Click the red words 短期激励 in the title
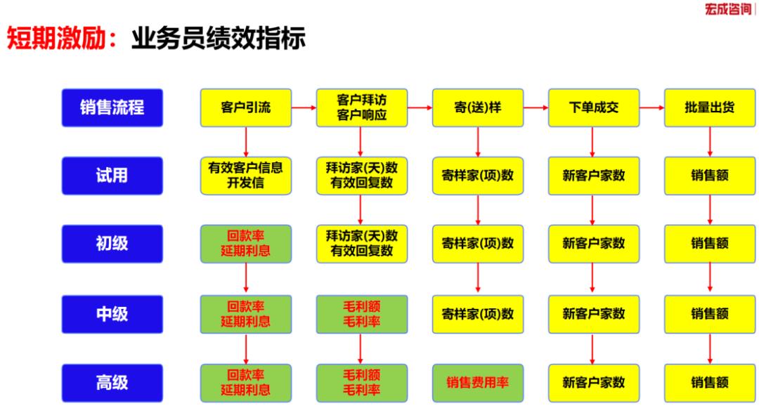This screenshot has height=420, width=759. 57,39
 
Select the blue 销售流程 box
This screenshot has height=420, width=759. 112,107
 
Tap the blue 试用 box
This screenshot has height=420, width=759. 112,176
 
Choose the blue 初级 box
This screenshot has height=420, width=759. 112,244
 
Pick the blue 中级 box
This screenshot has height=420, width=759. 112,314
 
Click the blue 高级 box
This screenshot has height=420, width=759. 112,383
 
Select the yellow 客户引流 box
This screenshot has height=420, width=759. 245,107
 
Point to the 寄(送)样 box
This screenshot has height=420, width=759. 478,107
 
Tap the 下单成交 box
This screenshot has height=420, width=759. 594,107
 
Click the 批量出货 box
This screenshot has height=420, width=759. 710,107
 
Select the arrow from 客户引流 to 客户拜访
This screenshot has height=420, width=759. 304,107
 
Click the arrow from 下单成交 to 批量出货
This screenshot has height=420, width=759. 651,107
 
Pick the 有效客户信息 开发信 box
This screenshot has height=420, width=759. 245,176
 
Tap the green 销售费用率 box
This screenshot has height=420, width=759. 478,383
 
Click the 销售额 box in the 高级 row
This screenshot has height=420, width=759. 710,383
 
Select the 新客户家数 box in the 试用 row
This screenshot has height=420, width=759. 594,176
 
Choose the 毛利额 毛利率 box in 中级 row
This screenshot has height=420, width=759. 361,314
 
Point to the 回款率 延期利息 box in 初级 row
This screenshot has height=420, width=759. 245,244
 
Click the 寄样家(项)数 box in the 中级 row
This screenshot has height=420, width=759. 478,314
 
